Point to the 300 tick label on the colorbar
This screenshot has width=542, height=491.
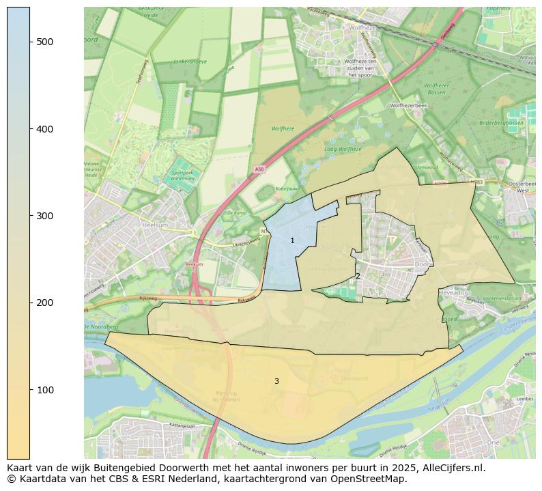(x=45, y=216)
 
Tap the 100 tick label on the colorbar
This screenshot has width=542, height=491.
(x=45, y=390)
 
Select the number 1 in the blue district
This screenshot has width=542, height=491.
(x=292, y=241)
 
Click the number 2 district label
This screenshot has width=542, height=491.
(x=358, y=277)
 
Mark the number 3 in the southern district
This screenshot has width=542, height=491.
(x=276, y=382)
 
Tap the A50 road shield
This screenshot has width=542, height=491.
(x=259, y=169)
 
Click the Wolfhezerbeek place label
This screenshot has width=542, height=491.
(x=408, y=106)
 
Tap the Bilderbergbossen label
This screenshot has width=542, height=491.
(x=501, y=123)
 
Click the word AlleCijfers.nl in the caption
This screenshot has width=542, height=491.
(x=451, y=468)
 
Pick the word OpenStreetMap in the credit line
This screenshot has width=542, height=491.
(x=372, y=479)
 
